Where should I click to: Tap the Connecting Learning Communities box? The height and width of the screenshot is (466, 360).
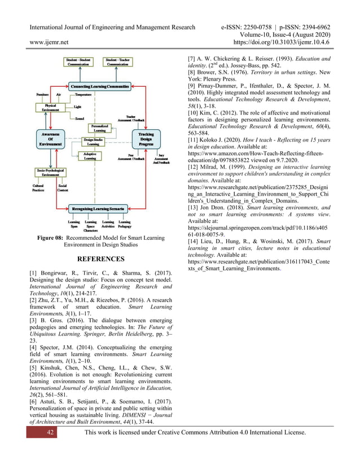click(100, 86)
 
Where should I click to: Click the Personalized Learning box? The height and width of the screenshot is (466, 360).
click(99, 128)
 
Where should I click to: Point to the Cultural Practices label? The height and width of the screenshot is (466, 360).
click(39, 188)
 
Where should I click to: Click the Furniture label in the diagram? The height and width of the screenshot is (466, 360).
click(42, 94)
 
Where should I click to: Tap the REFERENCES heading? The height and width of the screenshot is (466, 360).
click(100, 260)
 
